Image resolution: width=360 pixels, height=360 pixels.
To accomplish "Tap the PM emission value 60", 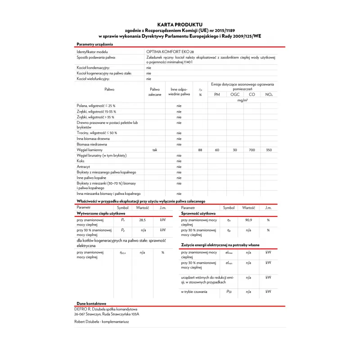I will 217,150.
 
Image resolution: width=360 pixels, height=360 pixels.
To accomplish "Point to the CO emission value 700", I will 252,150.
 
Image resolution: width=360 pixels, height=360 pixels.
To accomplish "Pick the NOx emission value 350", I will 269,150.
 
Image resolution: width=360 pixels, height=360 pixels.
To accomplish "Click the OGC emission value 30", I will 234,150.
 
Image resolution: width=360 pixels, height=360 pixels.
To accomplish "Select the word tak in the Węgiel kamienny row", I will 155,150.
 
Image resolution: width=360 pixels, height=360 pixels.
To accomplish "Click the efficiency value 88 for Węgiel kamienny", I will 200,150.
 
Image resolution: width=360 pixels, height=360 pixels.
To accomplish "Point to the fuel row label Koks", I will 81,161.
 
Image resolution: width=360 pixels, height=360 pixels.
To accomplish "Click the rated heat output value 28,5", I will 142,220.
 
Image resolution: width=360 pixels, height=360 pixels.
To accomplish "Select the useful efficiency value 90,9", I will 248,220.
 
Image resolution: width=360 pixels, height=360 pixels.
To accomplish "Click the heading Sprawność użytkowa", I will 198,213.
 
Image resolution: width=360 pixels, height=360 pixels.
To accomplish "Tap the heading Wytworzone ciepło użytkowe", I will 100,213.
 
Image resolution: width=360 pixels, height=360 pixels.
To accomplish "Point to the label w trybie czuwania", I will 194,292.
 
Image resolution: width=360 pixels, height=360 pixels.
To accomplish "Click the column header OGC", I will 234,94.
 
